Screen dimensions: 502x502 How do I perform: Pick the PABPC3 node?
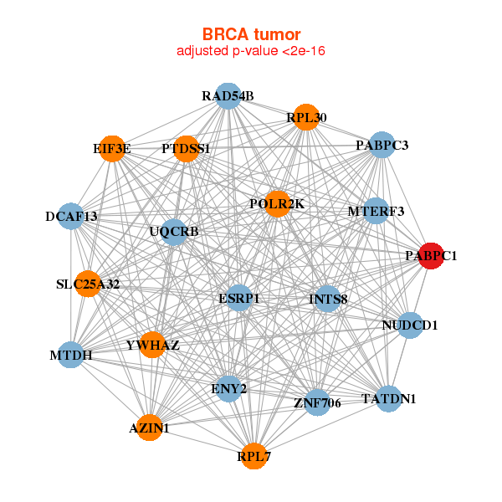click(382, 146)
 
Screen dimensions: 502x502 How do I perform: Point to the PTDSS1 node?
click(186, 149)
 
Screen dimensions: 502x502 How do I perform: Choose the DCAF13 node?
click(71, 217)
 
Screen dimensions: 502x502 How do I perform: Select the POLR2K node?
click(278, 204)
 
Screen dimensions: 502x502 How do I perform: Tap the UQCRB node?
click(173, 231)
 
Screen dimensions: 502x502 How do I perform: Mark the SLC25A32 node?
click(88, 284)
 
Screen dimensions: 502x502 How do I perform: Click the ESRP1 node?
click(239, 298)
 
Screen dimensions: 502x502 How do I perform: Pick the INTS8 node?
click(328, 298)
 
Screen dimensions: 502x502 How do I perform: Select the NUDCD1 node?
click(409, 325)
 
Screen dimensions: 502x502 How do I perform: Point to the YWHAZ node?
click(152, 344)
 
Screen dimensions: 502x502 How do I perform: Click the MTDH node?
click(71, 356)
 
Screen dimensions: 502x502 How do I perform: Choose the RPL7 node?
click(254, 456)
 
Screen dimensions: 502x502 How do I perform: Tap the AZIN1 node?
click(149, 428)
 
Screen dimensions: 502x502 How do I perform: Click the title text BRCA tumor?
click(250, 34)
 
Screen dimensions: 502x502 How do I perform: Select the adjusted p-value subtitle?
click(250, 51)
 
